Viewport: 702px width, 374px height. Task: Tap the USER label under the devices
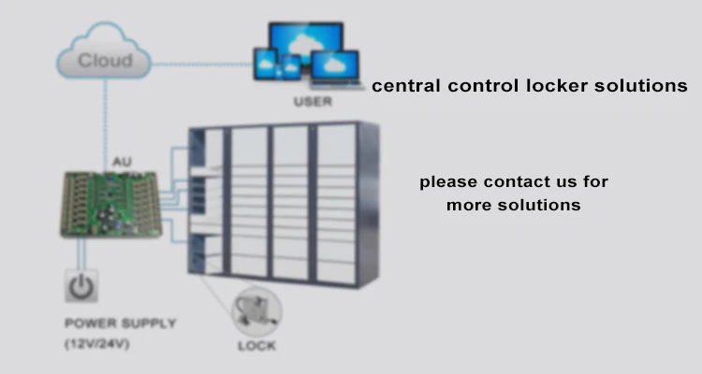(x=312, y=101)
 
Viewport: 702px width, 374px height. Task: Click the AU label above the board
(x=122, y=162)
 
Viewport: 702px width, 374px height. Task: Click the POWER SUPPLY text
(x=120, y=324)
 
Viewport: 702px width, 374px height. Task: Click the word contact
(x=509, y=181)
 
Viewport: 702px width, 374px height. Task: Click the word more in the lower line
(x=466, y=204)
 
